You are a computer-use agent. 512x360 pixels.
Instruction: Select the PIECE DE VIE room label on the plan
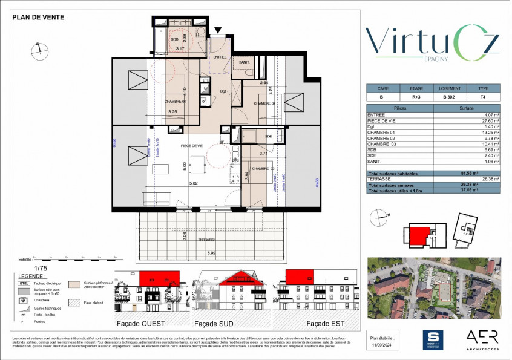(192, 146)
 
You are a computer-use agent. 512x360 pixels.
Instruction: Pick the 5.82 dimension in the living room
(194, 183)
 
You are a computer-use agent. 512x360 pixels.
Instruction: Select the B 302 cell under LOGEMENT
(448, 97)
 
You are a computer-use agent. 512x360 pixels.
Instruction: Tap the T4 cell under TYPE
(482, 97)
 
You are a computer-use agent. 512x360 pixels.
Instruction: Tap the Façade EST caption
(318, 323)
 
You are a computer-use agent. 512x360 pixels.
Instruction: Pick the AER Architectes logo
(482, 339)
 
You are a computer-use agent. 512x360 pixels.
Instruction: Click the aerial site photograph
(434, 288)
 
